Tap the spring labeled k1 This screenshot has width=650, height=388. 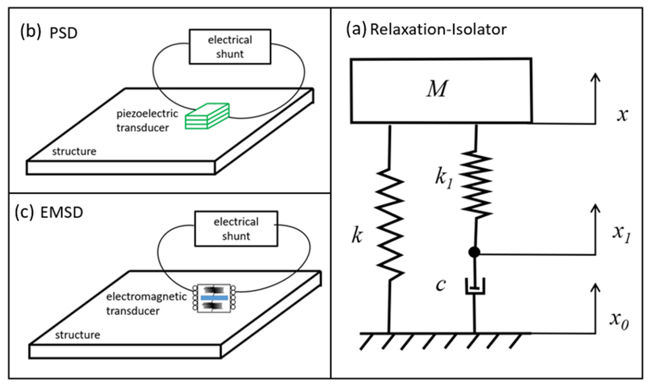476,185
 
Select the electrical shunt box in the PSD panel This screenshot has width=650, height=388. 230,47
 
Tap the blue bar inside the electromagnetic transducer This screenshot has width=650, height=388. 214,298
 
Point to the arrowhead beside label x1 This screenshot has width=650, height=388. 596,209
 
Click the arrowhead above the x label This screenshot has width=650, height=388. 596,77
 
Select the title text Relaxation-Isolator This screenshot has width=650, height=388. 438,29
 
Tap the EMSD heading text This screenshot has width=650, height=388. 61,213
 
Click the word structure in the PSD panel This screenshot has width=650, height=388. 74,151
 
